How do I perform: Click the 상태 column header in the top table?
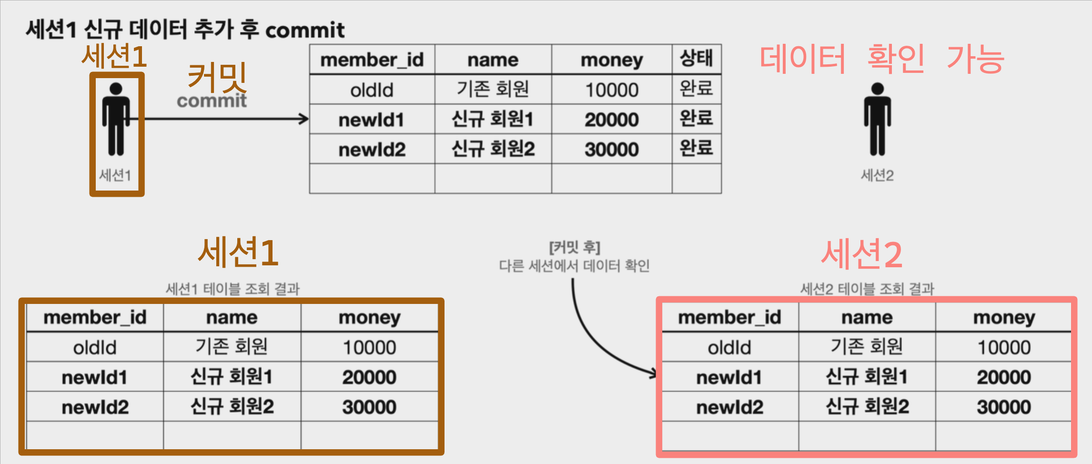(x=696, y=59)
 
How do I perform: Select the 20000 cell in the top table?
(x=612, y=120)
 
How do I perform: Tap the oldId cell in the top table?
(x=372, y=90)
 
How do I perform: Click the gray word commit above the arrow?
(x=212, y=101)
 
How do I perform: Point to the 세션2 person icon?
(x=877, y=119)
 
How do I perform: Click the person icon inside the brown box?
(x=116, y=119)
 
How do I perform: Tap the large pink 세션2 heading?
(x=861, y=254)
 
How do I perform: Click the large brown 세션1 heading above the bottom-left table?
(x=238, y=252)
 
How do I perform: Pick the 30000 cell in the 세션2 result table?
(x=1004, y=407)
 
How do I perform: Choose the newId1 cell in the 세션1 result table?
(x=95, y=377)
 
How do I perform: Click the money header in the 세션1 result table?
(x=369, y=317)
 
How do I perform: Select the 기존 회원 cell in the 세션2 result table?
(x=867, y=347)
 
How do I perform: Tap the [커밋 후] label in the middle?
(x=574, y=247)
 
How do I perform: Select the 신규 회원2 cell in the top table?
(x=493, y=149)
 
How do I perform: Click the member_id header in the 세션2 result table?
(x=729, y=317)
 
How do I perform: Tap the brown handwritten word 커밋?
(x=217, y=77)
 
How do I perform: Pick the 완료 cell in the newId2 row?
(x=696, y=149)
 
